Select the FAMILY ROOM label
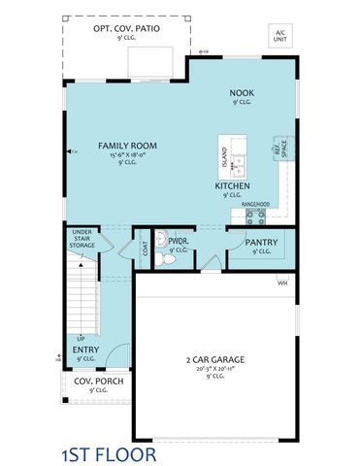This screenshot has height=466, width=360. [x=127, y=146]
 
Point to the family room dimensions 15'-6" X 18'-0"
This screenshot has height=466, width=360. [x=128, y=155]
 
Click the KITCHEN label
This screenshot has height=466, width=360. [x=233, y=184]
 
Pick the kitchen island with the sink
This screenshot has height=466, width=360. [x=234, y=154]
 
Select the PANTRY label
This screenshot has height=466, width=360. [x=261, y=242]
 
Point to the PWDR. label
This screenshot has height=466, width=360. [x=177, y=240]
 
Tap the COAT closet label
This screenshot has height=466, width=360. [x=146, y=248]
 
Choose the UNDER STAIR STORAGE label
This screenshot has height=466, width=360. [x=82, y=239]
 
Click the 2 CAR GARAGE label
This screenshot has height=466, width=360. [x=214, y=360]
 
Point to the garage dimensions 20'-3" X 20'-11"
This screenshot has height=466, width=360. [x=214, y=369]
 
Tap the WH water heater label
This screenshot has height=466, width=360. [x=282, y=283]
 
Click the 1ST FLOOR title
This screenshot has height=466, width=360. [x=108, y=453]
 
